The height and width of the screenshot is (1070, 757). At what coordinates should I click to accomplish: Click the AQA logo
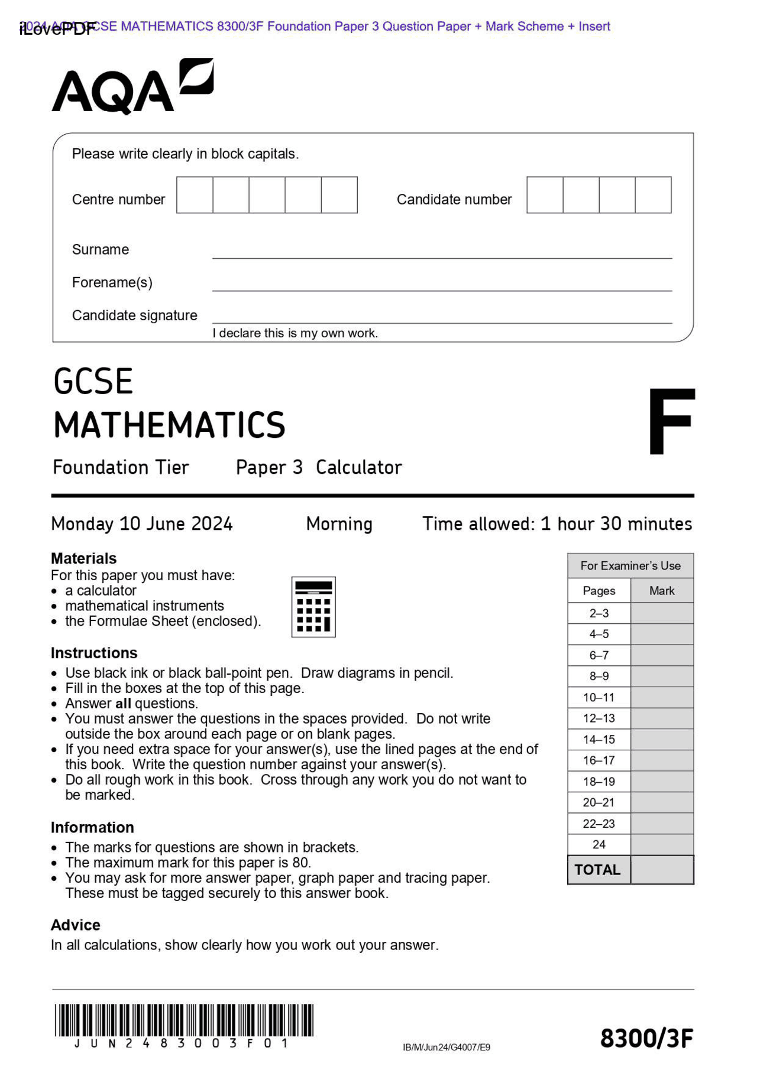pos(132,87)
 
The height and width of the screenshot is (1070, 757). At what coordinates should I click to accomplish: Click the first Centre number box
pos(195,194)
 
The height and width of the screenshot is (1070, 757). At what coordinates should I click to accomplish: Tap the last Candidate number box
pos(653,194)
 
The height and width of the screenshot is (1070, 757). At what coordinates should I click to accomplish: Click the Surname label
pos(100,249)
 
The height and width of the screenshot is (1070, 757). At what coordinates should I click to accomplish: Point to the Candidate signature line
pos(442,321)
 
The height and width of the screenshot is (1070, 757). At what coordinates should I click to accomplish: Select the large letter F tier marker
pos(671,421)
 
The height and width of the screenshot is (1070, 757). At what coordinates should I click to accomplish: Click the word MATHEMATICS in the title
pos(169,425)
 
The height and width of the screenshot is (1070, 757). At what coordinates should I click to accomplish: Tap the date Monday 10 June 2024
pos(142,523)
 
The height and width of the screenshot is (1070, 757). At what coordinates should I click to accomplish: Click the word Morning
pos(339,523)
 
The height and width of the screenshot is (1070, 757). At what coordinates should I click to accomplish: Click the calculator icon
pos(313,607)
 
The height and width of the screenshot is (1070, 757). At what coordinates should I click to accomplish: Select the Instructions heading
pos(94,653)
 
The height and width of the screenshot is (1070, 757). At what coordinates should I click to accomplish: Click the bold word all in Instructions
pos(123,704)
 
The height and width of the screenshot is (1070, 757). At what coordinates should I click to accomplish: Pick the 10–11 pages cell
pos(599,697)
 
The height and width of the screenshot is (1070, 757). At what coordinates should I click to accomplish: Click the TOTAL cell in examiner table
pos(597,870)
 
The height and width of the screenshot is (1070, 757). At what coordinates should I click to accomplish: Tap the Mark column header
pos(661,590)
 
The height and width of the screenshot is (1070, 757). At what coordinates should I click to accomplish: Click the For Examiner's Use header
pos(630,565)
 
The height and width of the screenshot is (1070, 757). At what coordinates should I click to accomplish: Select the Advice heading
pos(76,925)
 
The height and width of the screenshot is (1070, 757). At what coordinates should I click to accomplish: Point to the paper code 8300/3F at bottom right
pos(646,1038)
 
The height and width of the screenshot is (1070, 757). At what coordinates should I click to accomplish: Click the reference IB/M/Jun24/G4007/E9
pos(447,1048)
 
